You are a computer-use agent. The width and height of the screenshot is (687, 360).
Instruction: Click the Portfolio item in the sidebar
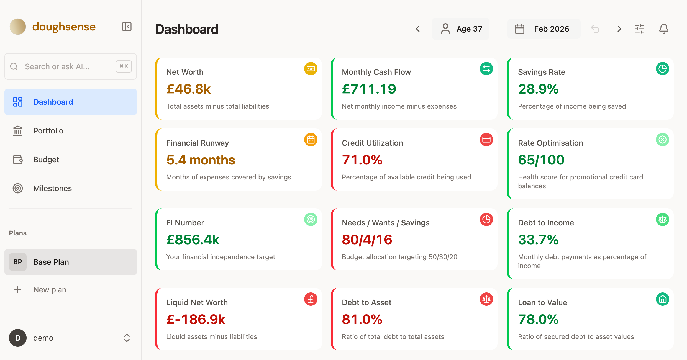click(48, 131)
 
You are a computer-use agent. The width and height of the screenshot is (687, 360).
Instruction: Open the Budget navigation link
click(46, 160)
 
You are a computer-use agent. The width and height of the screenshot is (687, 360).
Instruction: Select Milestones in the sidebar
click(52, 188)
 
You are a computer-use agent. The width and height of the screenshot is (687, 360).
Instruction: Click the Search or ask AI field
click(64, 66)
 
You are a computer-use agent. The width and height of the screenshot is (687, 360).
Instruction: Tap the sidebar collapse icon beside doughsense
click(127, 27)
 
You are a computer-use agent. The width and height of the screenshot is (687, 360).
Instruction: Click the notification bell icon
click(663, 29)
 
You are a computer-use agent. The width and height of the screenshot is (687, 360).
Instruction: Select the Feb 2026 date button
click(544, 29)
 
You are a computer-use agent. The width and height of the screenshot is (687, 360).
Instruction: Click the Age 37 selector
click(461, 29)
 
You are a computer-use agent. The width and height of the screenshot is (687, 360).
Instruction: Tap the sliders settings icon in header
click(639, 29)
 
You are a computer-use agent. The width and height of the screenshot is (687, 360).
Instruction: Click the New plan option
click(50, 290)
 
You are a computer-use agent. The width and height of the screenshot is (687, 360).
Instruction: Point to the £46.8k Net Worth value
click(189, 89)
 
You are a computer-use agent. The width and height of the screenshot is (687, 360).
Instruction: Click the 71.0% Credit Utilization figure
click(362, 160)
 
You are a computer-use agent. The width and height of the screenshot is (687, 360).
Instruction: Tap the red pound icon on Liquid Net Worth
click(311, 299)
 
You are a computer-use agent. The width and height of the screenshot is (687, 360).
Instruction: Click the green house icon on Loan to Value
click(662, 299)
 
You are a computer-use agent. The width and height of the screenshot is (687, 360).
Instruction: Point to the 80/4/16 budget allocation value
click(367, 240)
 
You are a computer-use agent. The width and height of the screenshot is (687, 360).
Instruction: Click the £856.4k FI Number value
click(193, 240)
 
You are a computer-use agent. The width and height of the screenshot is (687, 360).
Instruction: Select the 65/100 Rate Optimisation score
click(541, 160)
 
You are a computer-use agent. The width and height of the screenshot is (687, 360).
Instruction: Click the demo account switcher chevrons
click(127, 338)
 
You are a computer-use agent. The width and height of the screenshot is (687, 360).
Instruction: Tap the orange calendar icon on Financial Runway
click(311, 140)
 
